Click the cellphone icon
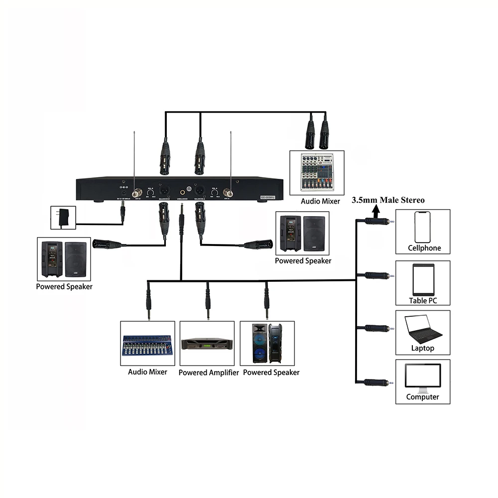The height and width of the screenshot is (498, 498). coord(422,227)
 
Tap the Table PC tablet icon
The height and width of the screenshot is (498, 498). coord(423,279)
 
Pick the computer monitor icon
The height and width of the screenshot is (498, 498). coord(423,378)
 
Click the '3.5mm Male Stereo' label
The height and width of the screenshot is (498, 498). coord(388,200)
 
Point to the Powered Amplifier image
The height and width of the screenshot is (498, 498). coord(207,343)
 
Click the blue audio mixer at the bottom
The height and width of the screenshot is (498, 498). coord(147,345)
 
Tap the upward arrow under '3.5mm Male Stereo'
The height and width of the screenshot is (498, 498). coord(374,210)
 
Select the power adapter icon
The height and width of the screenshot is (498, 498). coord(63,218)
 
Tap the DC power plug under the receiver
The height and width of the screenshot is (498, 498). coord(123,213)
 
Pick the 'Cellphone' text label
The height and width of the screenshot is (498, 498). coord(424,248)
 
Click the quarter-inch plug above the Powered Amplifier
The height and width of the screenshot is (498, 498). coord(207,301)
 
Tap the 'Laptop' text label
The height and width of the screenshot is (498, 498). coord(422,348)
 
